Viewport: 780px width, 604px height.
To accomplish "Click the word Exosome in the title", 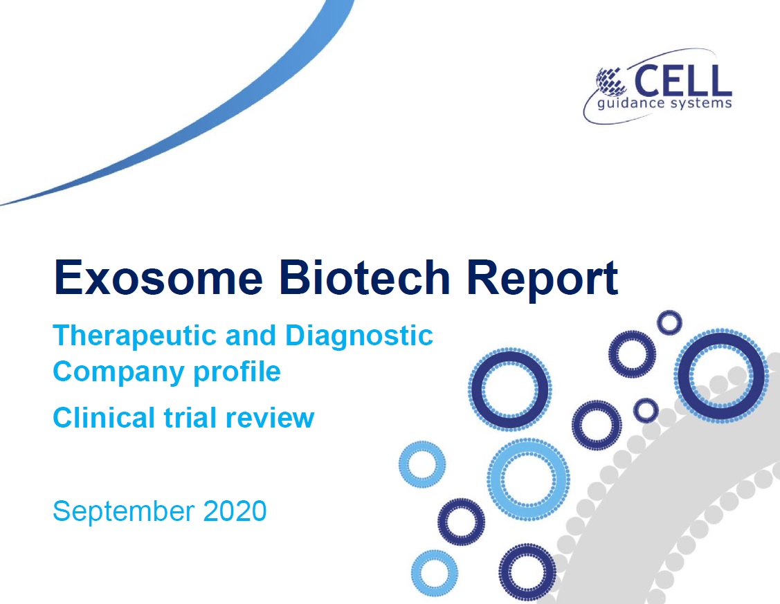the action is click(158, 277).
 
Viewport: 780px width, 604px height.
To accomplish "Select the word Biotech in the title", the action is click(365, 277).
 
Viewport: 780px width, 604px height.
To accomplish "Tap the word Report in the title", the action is click(542, 280).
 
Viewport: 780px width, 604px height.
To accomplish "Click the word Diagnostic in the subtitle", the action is click(359, 336).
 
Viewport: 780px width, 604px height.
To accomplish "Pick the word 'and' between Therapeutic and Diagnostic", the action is click(251, 336).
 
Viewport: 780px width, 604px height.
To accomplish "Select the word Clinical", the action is click(104, 418).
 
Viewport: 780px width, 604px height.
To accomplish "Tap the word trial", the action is click(190, 418).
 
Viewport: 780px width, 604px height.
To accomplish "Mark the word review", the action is click(270, 419).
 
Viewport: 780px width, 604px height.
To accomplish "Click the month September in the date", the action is click(123, 512).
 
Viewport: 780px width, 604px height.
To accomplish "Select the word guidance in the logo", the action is click(631, 104).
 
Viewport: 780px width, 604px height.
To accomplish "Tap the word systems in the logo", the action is click(701, 104).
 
